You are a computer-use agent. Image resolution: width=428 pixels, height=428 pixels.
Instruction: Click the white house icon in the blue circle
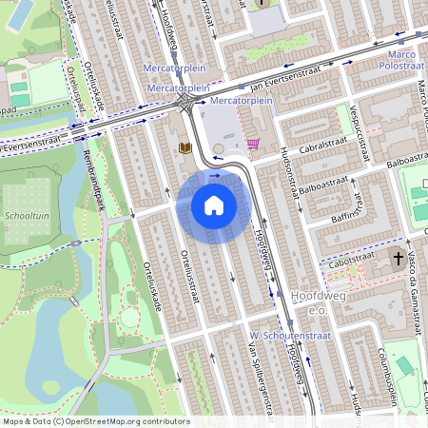pyautogui.click(x=214, y=204)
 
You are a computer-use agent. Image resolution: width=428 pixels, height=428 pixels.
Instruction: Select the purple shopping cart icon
pyautogui.click(x=253, y=144)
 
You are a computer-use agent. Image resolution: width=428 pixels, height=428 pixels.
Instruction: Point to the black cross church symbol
pyautogui.click(x=397, y=257)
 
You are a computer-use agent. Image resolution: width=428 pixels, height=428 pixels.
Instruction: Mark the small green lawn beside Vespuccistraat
pyautogui.click(x=343, y=118)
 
